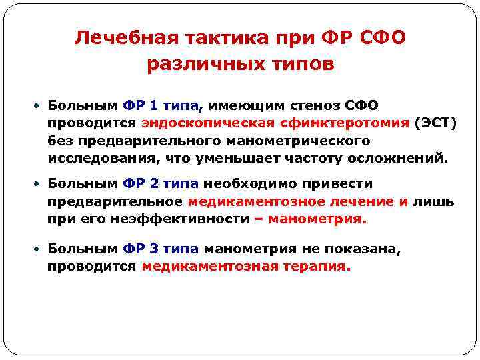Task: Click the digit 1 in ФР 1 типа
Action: (x=155, y=105)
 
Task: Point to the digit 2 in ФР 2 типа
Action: (x=155, y=183)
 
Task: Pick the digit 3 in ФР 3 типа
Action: (x=155, y=249)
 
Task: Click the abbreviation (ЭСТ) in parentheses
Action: (x=435, y=123)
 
